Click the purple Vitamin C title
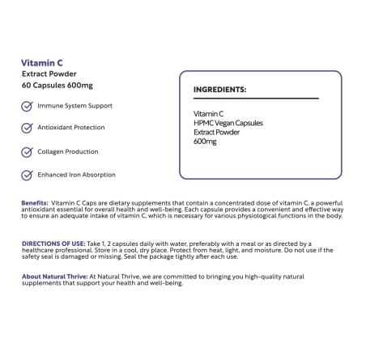(x=43, y=61)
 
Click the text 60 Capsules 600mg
(x=57, y=86)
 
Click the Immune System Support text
(x=74, y=106)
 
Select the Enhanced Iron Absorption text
(x=76, y=174)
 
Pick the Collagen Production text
(x=68, y=151)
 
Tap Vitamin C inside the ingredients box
(x=208, y=113)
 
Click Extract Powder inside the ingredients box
(x=219, y=131)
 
